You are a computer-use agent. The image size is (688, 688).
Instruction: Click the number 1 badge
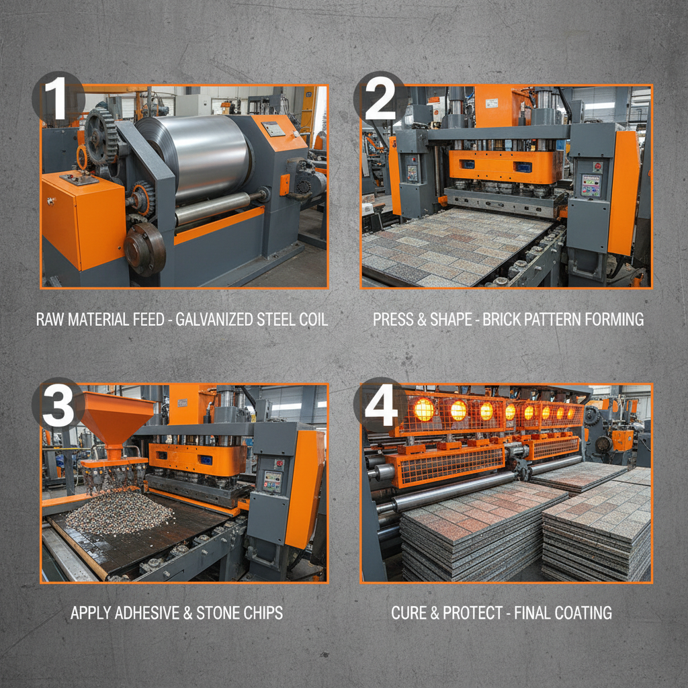click(58, 98)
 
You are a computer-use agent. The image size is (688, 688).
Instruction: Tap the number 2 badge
click(380, 98)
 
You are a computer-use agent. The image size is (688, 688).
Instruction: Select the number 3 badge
click(58, 404)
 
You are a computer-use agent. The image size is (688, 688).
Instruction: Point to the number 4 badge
click(380, 404)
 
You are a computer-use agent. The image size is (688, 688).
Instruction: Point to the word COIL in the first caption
click(313, 319)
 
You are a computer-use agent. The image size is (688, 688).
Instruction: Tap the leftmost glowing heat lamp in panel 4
click(424, 410)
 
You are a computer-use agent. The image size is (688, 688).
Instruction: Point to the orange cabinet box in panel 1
click(83, 220)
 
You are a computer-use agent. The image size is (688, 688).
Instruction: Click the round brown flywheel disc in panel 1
click(145, 249)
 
